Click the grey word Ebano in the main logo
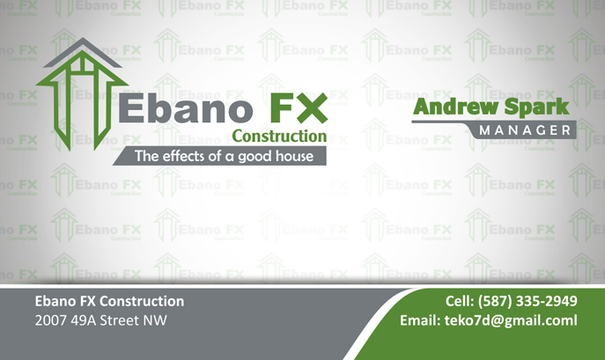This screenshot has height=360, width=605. pyautogui.click(x=186, y=108)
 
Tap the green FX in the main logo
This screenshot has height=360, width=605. pyautogui.click(x=299, y=108)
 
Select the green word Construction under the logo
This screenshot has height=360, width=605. pyautogui.click(x=279, y=136)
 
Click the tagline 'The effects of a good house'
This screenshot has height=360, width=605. pyautogui.click(x=224, y=157)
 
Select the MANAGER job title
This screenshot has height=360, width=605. pyautogui.click(x=525, y=130)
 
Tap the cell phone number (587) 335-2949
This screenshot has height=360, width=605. pyautogui.click(x=528, y=301)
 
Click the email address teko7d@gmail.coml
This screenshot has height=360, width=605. pyautogui.click(x=511, y=320)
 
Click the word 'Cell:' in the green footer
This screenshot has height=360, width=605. pyautogui.click(x=460, y=301)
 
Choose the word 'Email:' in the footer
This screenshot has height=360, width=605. pyautogui.click(x=420, y=320)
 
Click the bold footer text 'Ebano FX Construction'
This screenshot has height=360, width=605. pyautogui.click(x=109, y=301)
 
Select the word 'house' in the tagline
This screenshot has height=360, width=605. pyautogui.click(x=294, y=157)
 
